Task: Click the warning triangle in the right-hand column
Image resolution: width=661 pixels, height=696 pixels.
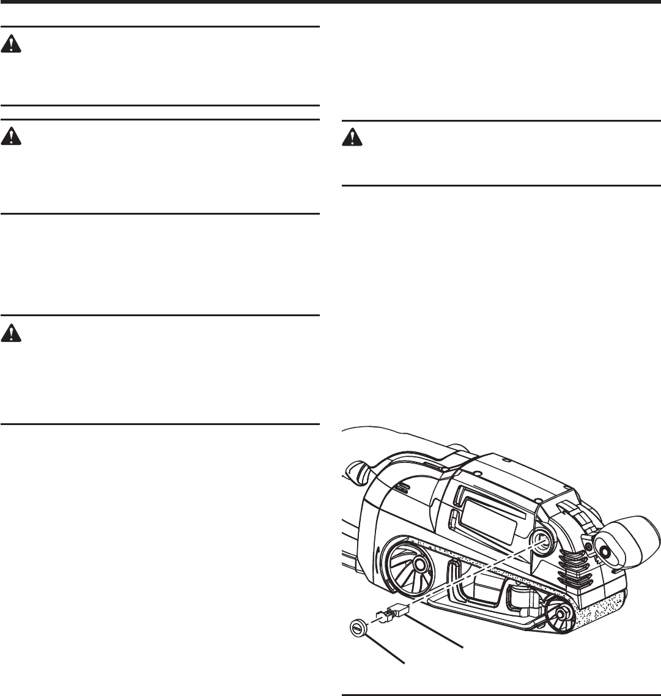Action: tap(352, 138)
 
